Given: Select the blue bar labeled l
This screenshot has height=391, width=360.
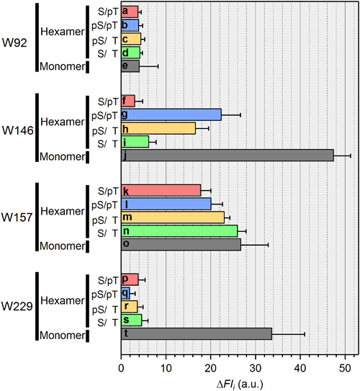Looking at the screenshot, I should (x=166, y=204).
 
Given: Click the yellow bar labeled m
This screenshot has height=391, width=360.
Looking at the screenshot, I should (x=172, y=217).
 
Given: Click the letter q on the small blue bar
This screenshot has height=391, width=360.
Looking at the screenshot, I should (x=125, y=292).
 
